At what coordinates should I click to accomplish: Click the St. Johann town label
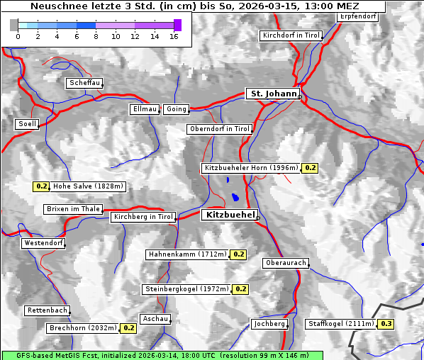click(x=273, y=94)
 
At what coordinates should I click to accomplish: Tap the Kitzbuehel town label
click(x=229, y=214)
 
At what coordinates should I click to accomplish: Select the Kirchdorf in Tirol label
click(x=291, y=35)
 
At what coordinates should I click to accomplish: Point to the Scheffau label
click(x=84, y=83)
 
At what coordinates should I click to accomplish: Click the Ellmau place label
click(x=145, y=109)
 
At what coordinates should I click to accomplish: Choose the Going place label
click(x=176, y=109)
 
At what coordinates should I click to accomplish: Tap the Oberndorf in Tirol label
click(x=220, y=129)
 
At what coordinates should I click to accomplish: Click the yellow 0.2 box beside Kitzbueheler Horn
click(x=310, y=168)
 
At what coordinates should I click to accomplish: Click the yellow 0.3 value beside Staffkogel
click(x=386, y=324)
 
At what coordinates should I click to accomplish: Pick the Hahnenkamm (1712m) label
click(x=187, y=254)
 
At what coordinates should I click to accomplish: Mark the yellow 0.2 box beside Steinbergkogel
click(x=240, y=289)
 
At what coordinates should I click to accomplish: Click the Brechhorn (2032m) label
click(x=83, y=328)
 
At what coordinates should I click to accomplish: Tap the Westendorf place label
click(x=43, y=243)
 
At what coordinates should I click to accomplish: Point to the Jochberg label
click(x=269, y=324)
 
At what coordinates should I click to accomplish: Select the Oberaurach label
click(x=285, y=263)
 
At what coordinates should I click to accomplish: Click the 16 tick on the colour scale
click(x=174, y=35)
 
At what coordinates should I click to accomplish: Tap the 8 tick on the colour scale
click(x=96, y=35)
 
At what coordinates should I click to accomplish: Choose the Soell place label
click(x=27, y=124)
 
